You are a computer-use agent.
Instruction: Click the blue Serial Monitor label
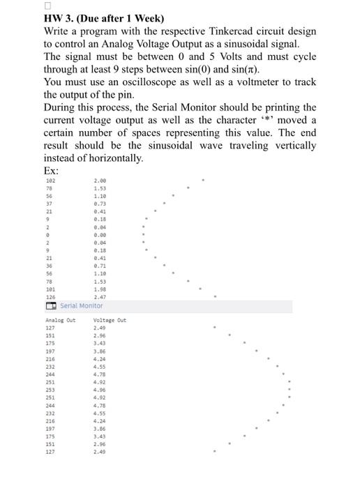81,305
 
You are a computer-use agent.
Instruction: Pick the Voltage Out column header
110,320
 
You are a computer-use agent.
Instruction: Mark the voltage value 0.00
100,236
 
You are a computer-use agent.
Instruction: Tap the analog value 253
50,389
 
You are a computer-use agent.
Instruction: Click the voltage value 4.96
100,389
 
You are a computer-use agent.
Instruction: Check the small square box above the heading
48,6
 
